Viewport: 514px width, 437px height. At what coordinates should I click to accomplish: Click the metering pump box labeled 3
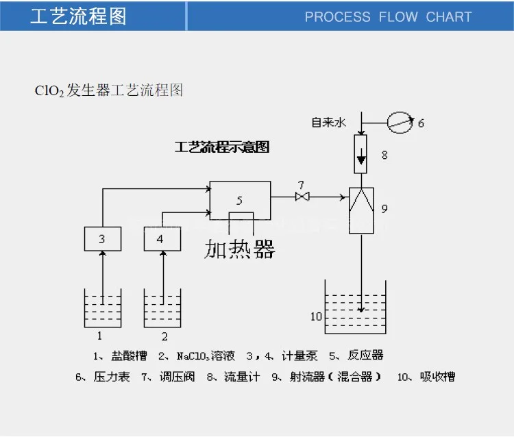click(x=103, y=238)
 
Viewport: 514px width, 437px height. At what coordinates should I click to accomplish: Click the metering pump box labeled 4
click(x=162, y=238)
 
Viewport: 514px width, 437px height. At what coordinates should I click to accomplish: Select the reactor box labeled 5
click(x=239, y=200)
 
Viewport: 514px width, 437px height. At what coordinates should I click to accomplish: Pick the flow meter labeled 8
click(x=361, y=154)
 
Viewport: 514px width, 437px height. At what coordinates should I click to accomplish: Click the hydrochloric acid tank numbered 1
click(x=102, y=308)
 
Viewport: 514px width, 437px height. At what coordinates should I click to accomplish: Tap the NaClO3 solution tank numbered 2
click(x=162, y=308)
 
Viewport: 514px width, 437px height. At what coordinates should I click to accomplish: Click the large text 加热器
click(x=240, y=249)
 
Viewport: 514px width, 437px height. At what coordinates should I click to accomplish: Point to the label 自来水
click(x=330, y=123)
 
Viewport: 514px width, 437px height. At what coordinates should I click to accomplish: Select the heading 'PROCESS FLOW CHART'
click(x=388, y=16)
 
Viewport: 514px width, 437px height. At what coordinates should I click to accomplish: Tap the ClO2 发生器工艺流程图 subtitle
click(x=109, y=90)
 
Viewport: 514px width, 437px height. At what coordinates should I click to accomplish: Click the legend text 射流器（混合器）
click(x=335, y=377)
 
